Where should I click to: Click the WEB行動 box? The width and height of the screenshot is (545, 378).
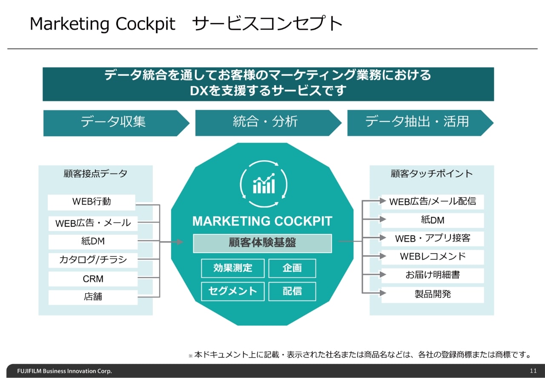92,202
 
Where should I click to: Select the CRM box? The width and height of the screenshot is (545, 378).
93,279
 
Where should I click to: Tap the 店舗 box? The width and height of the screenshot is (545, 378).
93,297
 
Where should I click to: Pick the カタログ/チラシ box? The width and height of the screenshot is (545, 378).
93,260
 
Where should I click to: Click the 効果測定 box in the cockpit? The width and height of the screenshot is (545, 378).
233,268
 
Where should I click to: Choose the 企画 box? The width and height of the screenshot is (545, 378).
292,268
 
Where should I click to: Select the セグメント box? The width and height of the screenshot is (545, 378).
233,291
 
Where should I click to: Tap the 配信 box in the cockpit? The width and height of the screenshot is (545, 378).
292,291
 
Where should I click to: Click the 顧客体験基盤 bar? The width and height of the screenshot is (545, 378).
262,243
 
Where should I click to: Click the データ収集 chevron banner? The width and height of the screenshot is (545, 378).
116,123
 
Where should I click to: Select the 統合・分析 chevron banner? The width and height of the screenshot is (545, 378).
268,123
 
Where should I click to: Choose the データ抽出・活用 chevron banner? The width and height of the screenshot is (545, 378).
420,123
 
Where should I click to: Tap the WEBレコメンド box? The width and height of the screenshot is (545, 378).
433,257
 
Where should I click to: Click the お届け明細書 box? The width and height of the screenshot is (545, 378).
433,275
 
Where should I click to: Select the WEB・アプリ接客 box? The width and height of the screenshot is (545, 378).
433,239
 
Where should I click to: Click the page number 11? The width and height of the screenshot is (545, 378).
533,371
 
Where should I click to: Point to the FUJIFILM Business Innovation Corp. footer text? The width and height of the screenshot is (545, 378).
64,371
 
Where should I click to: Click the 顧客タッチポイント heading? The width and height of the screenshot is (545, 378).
432,173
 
